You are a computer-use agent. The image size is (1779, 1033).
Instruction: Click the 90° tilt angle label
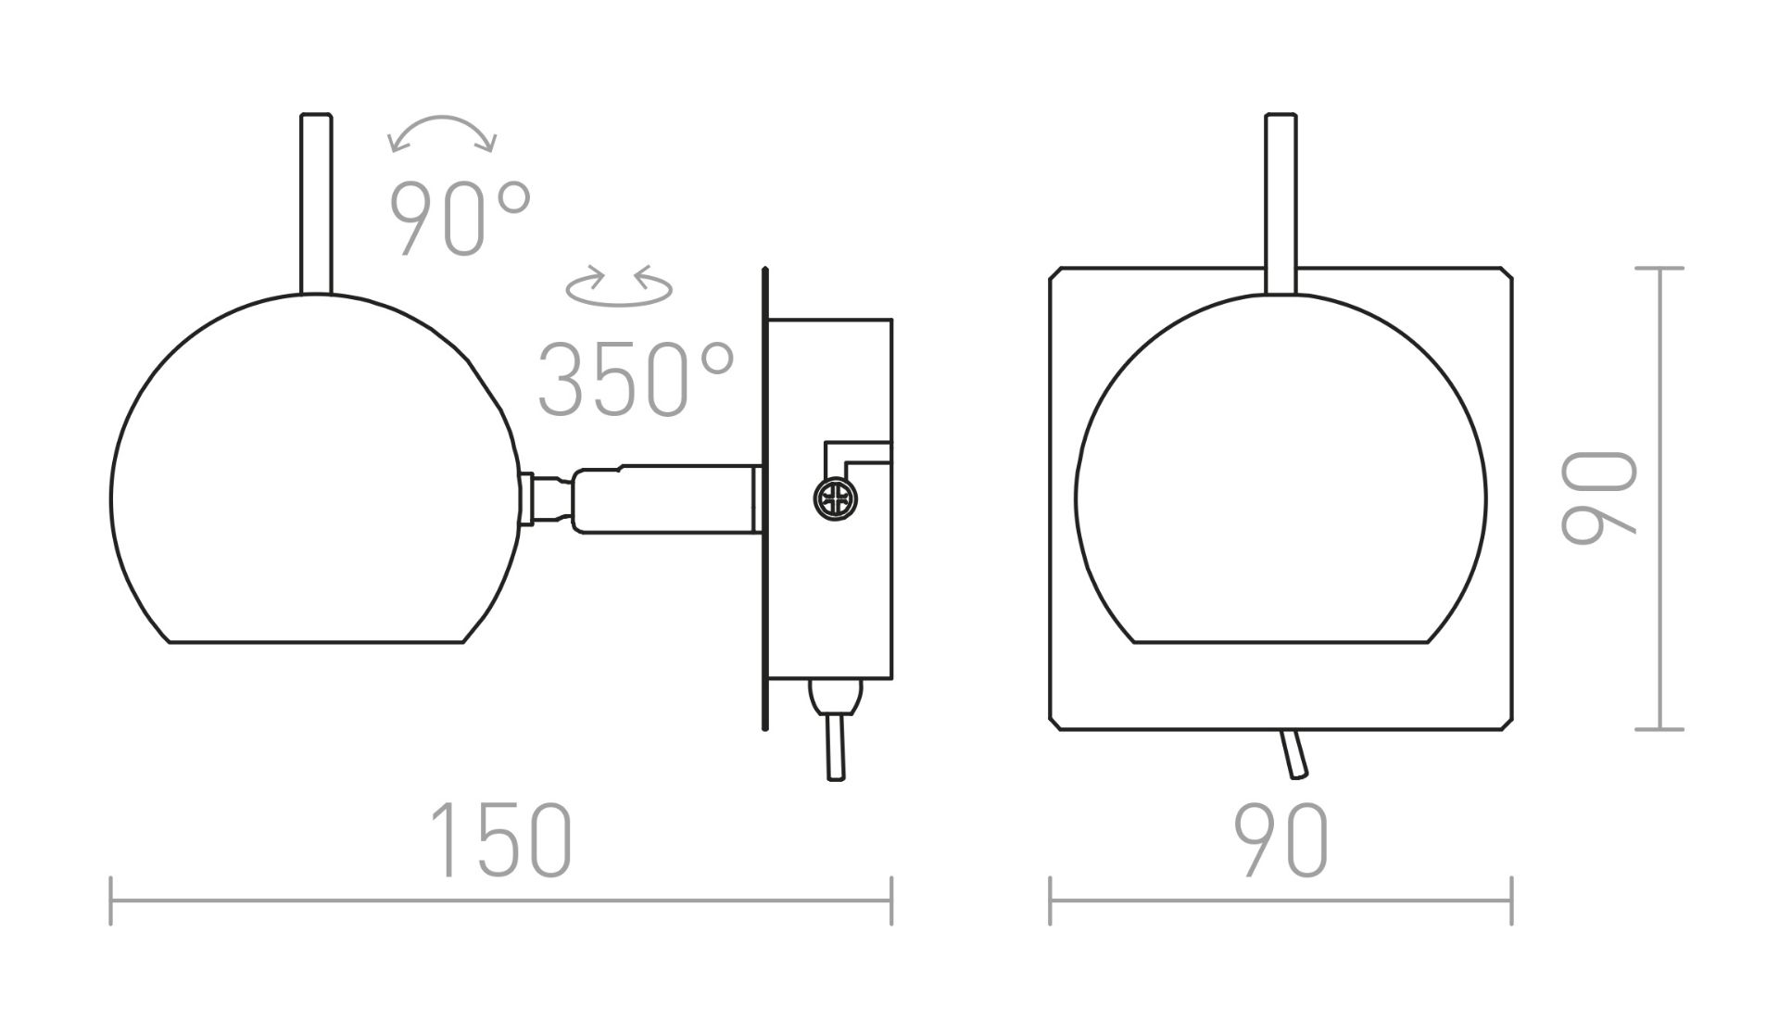point(461,219)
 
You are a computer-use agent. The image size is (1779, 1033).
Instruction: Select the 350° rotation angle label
point(637,379)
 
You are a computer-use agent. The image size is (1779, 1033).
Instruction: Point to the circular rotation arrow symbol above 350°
point(619,285)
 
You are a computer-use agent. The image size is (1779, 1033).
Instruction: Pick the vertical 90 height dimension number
point(1598,498)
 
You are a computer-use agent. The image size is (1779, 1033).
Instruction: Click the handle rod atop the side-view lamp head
point(316,204)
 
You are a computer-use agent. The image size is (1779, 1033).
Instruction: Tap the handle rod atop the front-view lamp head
point(1281,204)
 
